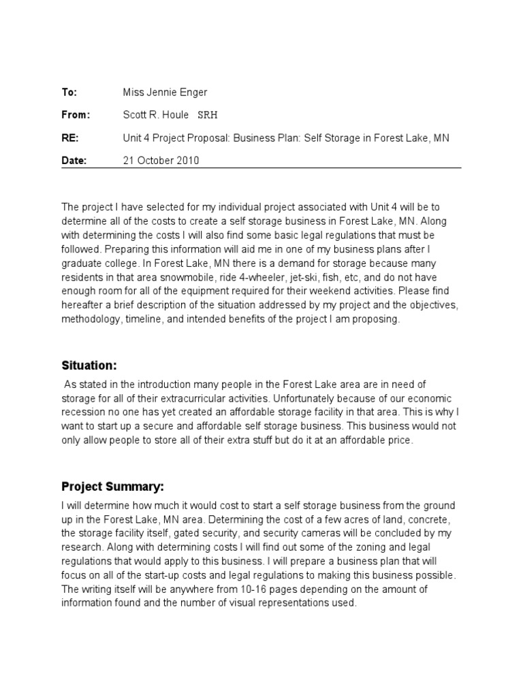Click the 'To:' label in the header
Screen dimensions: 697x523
pyautogui.click(x=69, y=92)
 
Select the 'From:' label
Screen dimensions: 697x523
pyautogui.click(x=76, y=115)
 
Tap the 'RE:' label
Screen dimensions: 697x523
pyautogui.click(x=70, y=138)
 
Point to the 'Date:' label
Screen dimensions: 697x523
pyautogui.click(x=74, y=161)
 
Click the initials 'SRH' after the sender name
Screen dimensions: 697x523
pyautogui.click(x=208, y=115)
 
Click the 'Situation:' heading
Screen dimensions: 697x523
pyautogui.click(x=89, y=366)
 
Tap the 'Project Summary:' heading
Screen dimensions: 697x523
pyautogui.click(x=112, y=487)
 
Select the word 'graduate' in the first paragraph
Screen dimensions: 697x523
pyautogui.click(x=82, y=263)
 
